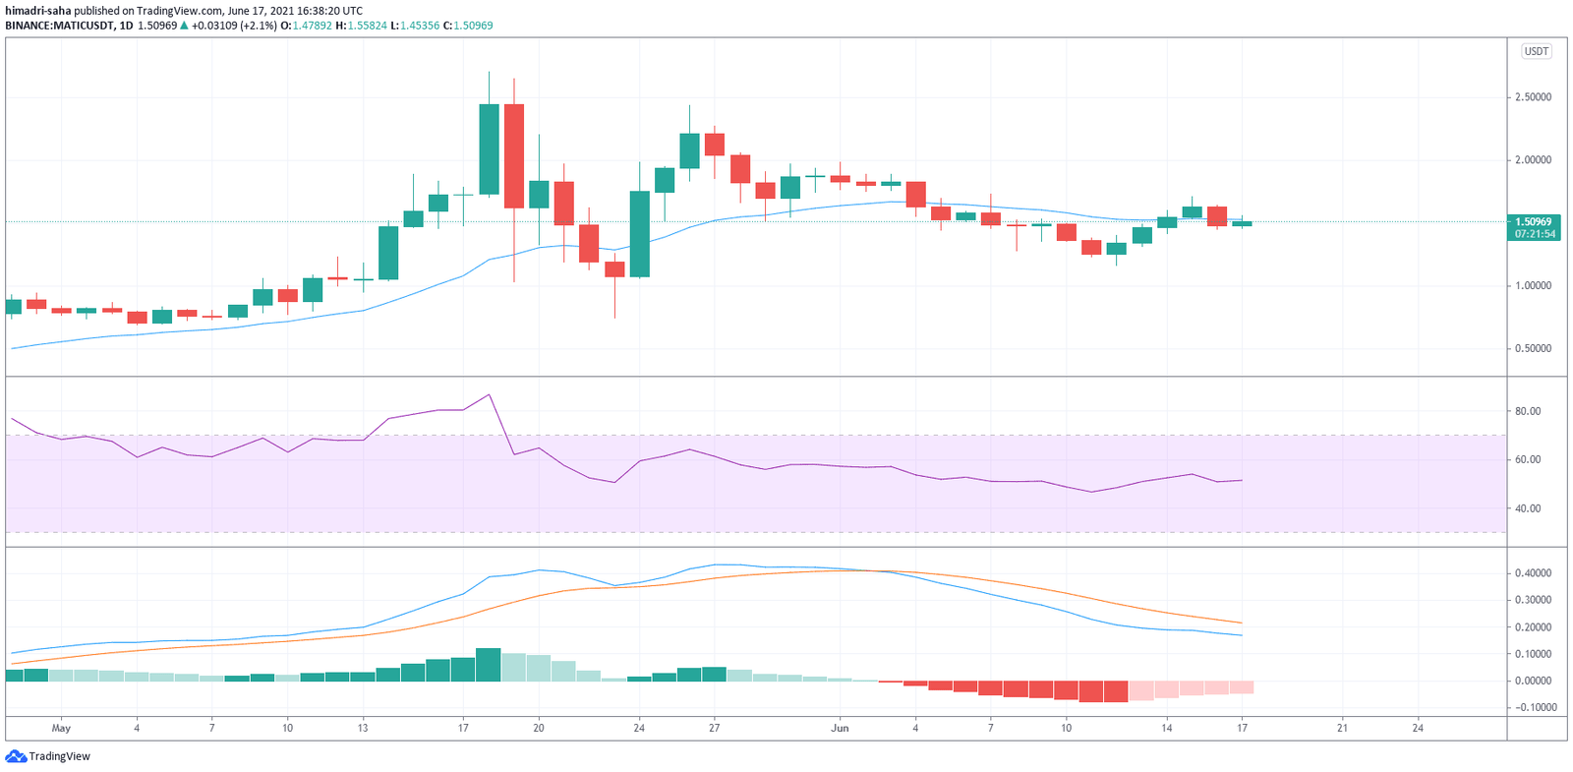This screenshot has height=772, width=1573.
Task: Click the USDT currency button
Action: coord(1536,51)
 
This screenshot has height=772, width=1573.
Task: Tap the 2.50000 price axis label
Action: coord(1533,97)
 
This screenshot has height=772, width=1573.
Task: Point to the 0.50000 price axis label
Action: coord(1533,348)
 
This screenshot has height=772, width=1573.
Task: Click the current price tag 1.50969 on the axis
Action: coord(1534,222)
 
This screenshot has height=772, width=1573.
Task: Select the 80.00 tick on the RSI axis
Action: coord(1528,411)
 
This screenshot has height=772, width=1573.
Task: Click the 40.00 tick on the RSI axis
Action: coord(1528,508)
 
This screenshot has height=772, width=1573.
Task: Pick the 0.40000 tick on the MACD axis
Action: coord(1533,572)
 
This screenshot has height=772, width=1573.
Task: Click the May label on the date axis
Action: coord(61,729)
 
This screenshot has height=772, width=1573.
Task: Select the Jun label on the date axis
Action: coord(840,729)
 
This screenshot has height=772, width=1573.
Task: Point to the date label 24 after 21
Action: coord(1418,729)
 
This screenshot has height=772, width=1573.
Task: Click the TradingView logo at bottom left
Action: coord(48,756)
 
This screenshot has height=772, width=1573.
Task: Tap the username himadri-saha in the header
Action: coord(37,11)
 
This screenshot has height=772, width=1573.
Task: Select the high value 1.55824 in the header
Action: coord(367,26)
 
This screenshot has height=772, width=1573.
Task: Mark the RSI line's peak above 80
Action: coord(489,395)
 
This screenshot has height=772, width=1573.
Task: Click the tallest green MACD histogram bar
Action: coord(489,664)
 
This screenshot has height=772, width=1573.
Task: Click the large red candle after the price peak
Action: coord(513,155)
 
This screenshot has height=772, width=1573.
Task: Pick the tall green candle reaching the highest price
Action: coord(489,148)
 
